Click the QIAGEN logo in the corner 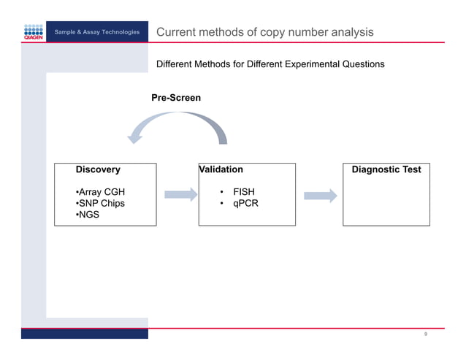34,33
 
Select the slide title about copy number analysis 265,32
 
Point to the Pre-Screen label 175,97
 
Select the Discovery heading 98,169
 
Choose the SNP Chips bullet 100,204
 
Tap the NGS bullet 90,215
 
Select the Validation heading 221,169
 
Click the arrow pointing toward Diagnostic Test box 320,196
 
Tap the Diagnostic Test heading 386,169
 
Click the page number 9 425,334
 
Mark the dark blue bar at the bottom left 84,333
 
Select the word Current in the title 176,32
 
